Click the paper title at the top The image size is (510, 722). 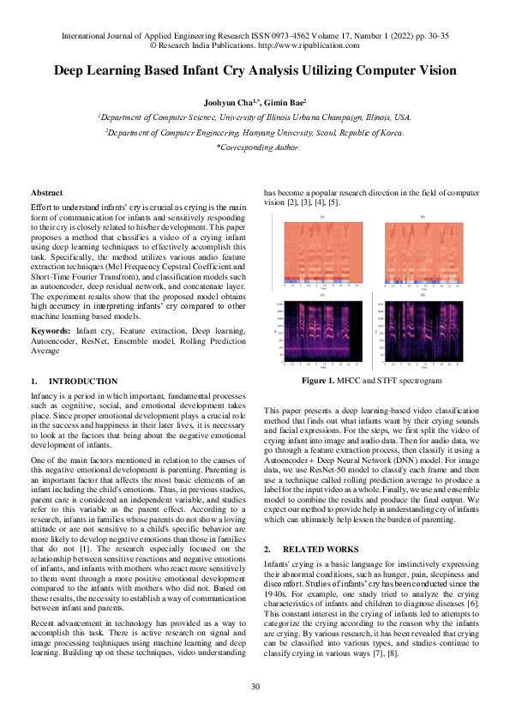click(255, 71)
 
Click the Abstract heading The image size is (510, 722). click(46, 193)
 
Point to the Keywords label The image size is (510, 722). click(50, 330)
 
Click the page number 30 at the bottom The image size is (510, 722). click(255, 686)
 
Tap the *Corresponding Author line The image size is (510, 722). click(255, 147)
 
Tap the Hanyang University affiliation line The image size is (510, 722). click(255, 132)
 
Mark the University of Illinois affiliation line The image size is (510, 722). click(255, 117)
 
